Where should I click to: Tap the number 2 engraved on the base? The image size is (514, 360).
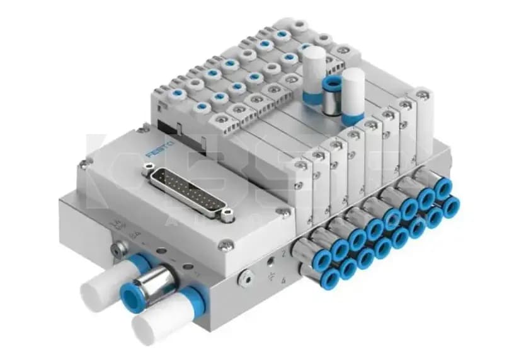[x=285, y=252]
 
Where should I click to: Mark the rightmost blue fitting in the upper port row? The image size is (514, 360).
[x=445, y=187]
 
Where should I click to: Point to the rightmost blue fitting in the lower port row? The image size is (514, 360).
[x=451, y=207]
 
